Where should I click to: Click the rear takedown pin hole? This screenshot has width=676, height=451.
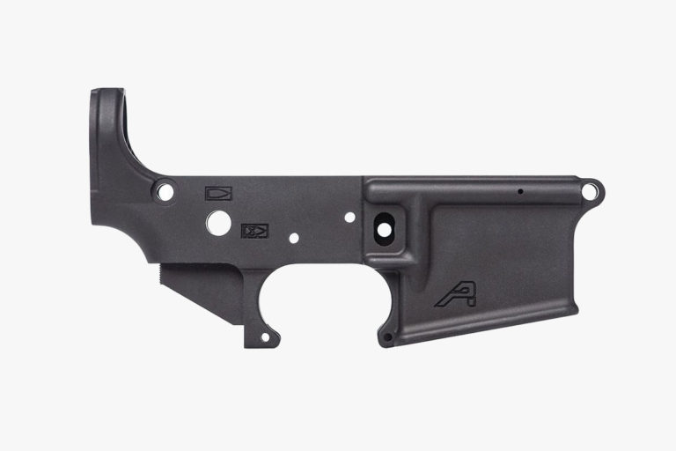pyautogui.click(x=164, y=188)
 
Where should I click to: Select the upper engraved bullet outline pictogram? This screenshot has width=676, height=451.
pyautogui.click(x=217, y=193)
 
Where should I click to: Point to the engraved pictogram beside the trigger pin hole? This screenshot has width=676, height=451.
pyautogui.click(x=254, y=231)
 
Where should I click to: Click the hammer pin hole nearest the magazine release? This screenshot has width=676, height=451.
pyautogui.click(x=349, y=216)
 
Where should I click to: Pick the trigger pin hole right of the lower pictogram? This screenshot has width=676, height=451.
pyautogui.click(x=293, y=236)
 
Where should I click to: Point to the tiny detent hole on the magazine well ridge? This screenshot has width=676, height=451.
pyautogui.click(x=520, y=190)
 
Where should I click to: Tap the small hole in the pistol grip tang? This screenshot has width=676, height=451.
pyautogui.click(x=261, y=336)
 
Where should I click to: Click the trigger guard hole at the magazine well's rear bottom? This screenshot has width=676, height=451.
pyautogui.click(x=385, y=336)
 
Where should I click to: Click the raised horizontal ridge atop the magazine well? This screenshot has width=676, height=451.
pyautogui.click(x=475, y=184)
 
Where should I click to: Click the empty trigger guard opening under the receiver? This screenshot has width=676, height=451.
pyautogui.click(x=321, y=299)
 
